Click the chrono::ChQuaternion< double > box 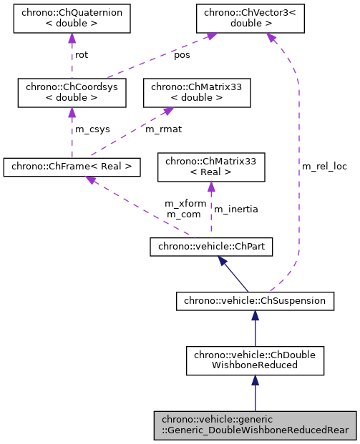tap(71, 18)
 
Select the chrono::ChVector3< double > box tap(248, 18)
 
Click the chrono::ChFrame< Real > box tap(72, 167)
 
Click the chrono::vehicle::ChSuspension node tap(256, 301)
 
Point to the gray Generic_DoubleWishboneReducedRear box tap(256, 425)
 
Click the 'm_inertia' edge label tap(236, 209)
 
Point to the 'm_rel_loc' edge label tap(324, 166)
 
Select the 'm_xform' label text tap(185, 203)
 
